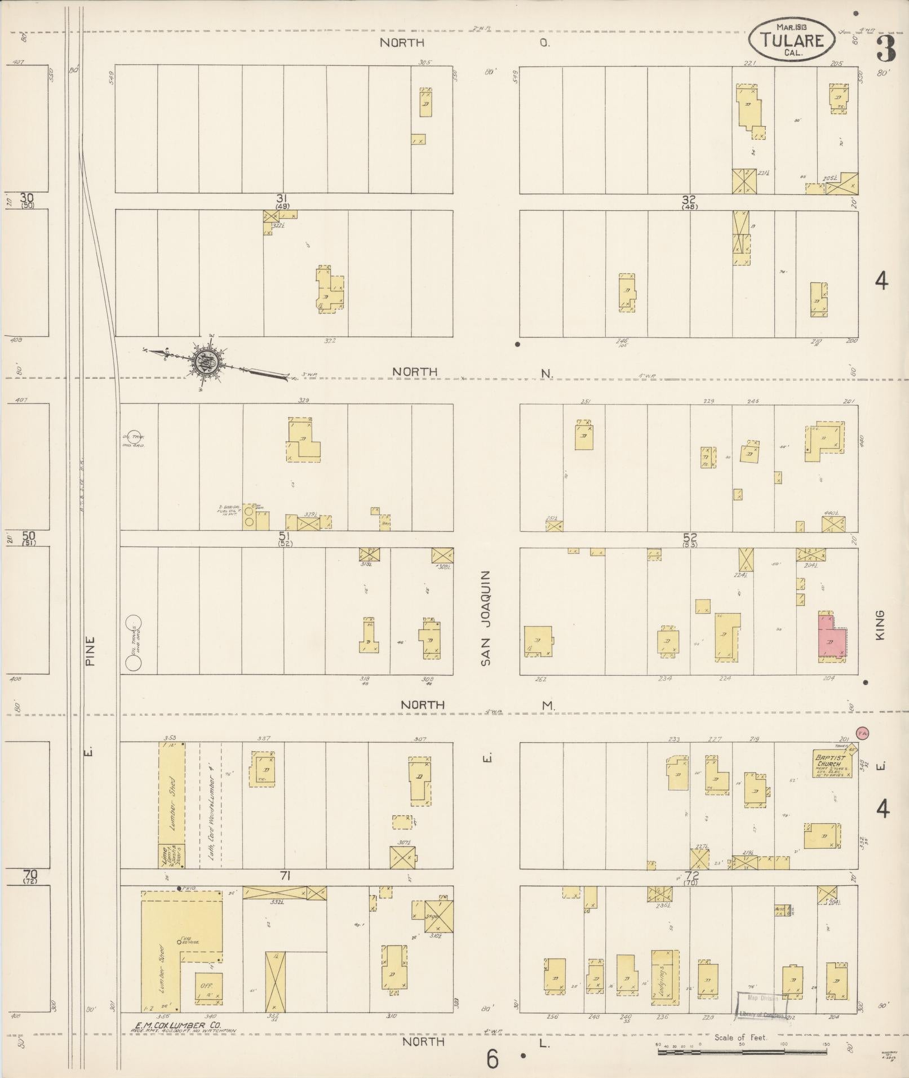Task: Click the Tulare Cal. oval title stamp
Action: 791,39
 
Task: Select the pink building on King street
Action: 830,635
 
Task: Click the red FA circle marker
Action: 862,733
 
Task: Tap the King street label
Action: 880,625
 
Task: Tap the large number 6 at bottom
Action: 493,1060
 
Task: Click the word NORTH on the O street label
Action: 401,43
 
